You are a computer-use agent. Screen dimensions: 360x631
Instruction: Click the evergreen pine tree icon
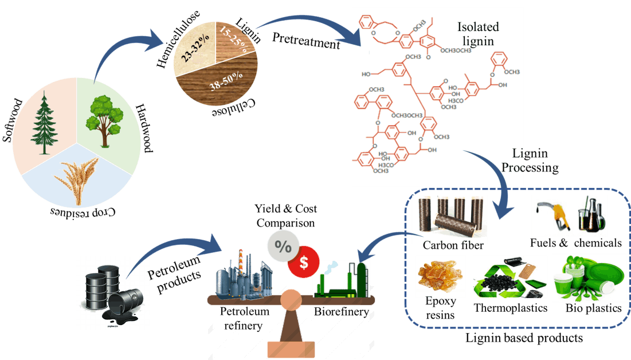coord(44,123)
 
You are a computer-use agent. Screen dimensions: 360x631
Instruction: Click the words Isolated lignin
coord(478,34)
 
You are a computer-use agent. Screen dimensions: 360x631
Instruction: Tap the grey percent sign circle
coord(283,246)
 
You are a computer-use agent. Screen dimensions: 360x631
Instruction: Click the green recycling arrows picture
coord(509,277)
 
